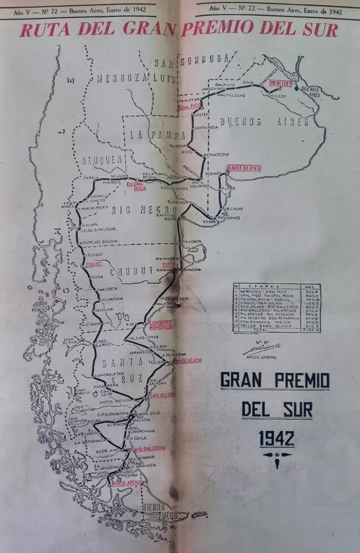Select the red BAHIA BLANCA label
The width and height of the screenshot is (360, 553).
tap(243, 168)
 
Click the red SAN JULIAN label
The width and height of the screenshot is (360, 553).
tap(162, 394)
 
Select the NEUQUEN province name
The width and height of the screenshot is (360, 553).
tap(103, 161)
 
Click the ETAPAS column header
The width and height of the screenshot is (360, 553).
tap(266, 287)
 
